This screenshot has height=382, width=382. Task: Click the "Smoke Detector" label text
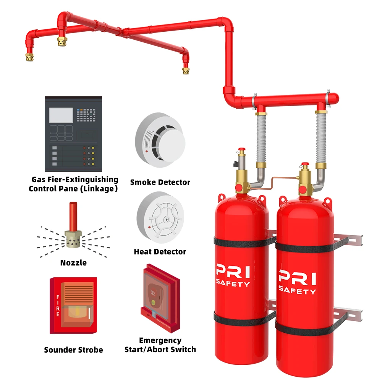coord(160,182)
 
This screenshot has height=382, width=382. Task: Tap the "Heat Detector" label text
coord(160,252)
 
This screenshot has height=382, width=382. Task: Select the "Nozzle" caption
coord(73,263)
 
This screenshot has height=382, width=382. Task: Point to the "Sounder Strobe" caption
coord(73,350)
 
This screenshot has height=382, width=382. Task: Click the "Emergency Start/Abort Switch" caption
coord(160,345)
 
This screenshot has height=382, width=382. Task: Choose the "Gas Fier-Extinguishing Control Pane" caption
coord(75,184)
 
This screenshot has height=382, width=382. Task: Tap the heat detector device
coord(160,217)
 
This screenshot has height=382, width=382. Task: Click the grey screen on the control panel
coord(61,115)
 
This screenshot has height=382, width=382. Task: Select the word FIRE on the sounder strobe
coord(58,306)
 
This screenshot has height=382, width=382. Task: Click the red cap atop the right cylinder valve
coord(304,165)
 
